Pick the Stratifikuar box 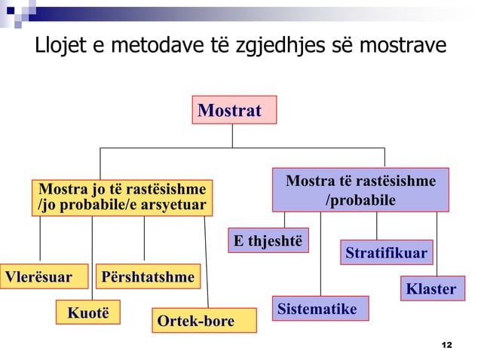tap(386, 252)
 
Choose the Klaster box tap(431, 288)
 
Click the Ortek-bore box tap(195, 322)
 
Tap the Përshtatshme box tap(147, 277)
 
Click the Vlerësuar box tap(39, 277)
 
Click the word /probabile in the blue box tap(360, 200)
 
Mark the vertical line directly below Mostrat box tap(232, 136)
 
